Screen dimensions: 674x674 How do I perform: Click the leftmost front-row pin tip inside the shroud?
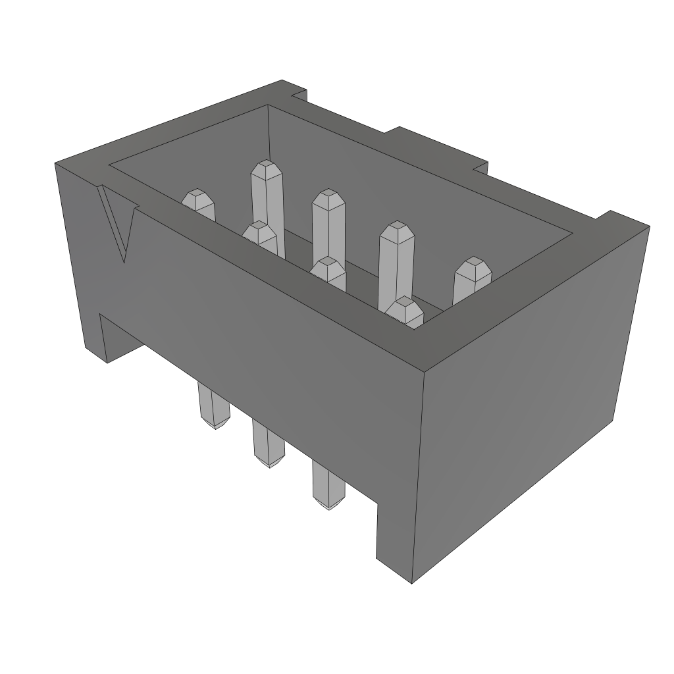197,199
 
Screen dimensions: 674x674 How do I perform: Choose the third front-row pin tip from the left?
328,267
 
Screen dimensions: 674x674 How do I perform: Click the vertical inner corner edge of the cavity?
269,132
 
